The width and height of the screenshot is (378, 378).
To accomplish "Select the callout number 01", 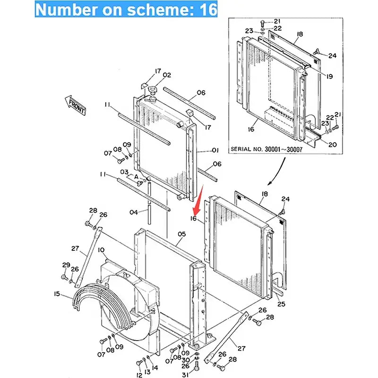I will pos(215,151).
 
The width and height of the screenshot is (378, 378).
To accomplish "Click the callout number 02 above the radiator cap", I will pos(167,75).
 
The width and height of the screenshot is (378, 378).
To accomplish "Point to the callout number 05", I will pos(182,233).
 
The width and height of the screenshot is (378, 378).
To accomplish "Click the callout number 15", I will pos(57,294).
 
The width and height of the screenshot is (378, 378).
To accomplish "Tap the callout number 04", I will pos(134,212).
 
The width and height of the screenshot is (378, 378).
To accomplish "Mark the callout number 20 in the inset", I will pos(333,145).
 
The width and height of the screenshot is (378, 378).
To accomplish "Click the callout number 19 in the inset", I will pos(328,76).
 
